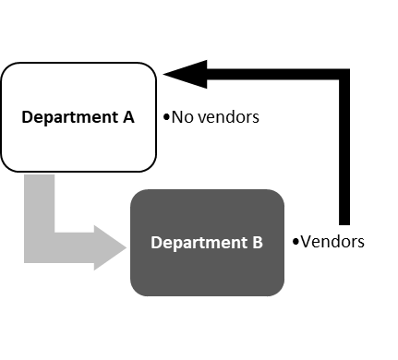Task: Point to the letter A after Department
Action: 128,117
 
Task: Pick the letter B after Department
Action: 258,243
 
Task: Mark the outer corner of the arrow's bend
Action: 25,262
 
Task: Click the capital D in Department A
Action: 27,117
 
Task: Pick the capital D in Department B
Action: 156,243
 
